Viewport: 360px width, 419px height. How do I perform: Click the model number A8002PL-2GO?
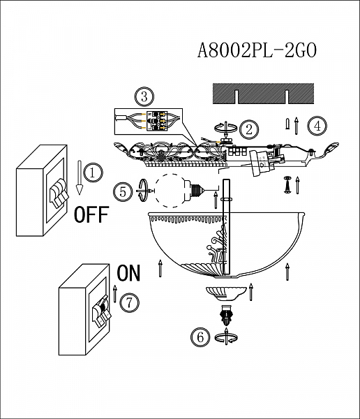[257, 50]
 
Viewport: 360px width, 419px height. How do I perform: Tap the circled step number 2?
[248, 128]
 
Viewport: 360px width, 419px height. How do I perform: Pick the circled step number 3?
[144, 96]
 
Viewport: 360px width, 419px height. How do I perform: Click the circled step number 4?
[317, 126]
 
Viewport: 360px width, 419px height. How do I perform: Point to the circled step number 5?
[123, 190]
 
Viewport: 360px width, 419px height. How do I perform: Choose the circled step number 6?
[200, 337]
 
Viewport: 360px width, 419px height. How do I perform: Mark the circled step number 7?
[128, 302]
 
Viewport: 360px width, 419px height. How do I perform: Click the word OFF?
[91, 214]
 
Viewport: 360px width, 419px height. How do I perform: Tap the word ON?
[128, 273]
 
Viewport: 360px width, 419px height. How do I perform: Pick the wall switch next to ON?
[85, 309]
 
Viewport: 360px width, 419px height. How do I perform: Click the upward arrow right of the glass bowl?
[287, 272]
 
